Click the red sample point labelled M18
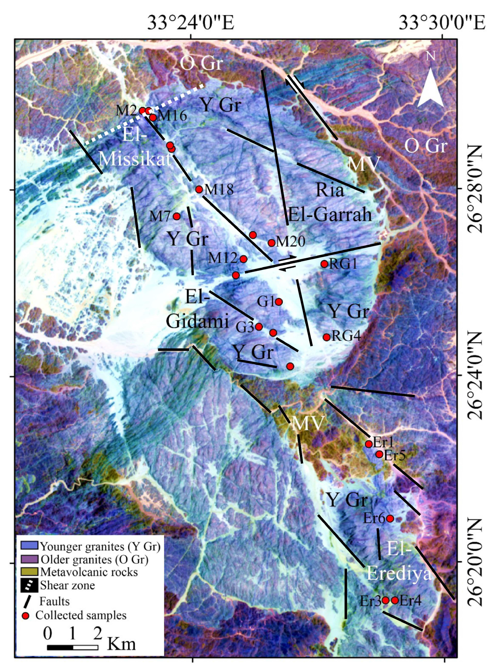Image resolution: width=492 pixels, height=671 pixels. point(199,189)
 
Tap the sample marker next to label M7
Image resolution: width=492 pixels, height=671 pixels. point(177,216)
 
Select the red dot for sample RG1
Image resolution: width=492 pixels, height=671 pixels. point(324,264)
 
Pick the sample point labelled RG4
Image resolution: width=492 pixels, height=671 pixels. point(327,337)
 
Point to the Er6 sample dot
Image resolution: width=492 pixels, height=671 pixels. point(390,519)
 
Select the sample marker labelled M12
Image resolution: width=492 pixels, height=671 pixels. point(243,259)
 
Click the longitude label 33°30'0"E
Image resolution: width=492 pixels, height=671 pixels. point(442,23)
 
